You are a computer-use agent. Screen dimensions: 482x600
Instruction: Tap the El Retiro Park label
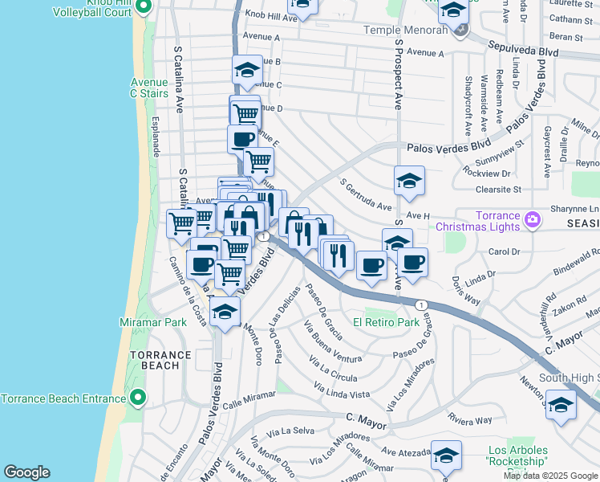click(393, 322)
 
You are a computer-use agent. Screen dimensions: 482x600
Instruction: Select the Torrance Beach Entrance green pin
click(138, 398)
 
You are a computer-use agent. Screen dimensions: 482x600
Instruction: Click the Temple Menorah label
click(405, 30)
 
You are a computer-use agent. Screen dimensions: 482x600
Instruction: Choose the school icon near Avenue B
click(247, 70)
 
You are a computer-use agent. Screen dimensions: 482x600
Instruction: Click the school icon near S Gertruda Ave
click(409, 181)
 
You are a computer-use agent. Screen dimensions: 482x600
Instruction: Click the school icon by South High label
click(561, 405)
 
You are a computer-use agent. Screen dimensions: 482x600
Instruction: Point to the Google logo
click(26, 472)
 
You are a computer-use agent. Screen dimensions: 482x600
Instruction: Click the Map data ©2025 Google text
click(550, 476)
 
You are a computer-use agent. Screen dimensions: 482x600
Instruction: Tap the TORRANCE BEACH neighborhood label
click(161, 360)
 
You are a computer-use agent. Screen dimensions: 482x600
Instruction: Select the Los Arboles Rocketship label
click(517, 456)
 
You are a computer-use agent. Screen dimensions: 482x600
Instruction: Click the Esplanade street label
click(155, 137)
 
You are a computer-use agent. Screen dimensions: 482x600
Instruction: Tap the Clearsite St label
click(497, 190)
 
